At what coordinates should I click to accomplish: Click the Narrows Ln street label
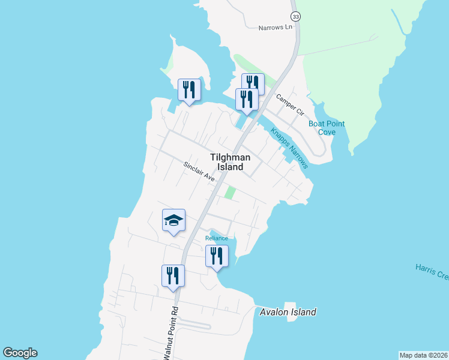(x=275, y=28)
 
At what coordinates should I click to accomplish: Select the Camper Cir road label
(x=290, y=104)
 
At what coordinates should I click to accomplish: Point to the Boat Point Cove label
(x=327, y=128)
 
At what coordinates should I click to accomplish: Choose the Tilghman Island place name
(x=227, y=162)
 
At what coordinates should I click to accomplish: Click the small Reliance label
(x=217, y=238)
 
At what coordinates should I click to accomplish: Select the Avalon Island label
(x=288, y=312)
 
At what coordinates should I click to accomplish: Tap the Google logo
(x=20, y=353)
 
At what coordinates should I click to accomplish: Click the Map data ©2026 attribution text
(x=423, y=355)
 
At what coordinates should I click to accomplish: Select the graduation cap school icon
(x=173, y=220)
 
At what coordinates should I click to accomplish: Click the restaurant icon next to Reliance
(x=217, y=256)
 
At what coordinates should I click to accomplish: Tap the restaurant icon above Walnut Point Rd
(x=173, y=275)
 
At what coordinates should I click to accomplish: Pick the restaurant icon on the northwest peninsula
(x=189, y=89)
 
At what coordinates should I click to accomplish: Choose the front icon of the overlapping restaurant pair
(x=246, y=98)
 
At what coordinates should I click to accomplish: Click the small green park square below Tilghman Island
(x=229, y=193)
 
